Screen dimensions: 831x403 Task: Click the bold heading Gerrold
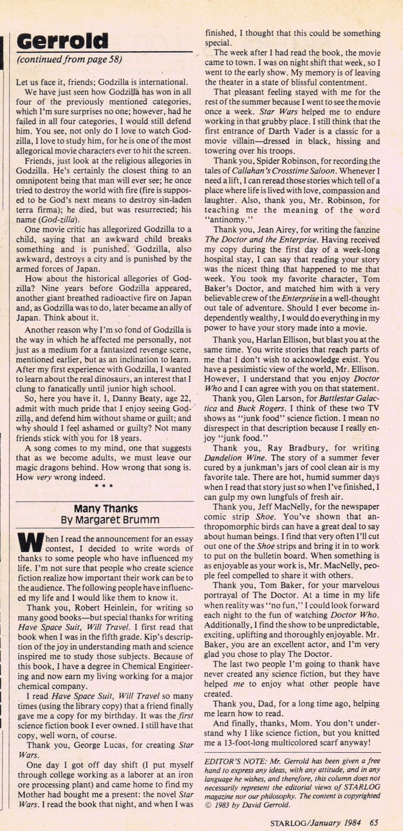pos(62,41)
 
